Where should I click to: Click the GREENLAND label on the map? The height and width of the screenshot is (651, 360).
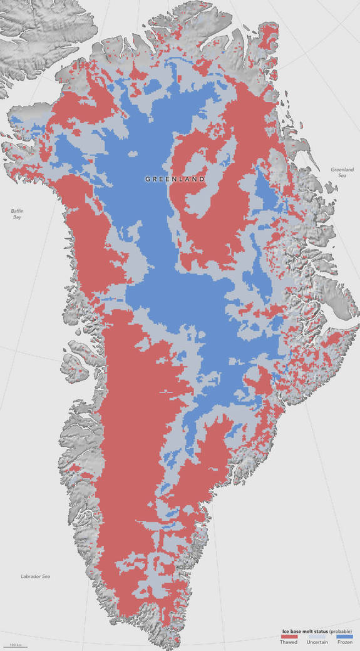(x=175, y=179)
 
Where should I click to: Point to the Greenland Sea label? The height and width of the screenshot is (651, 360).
(x=342, y=173)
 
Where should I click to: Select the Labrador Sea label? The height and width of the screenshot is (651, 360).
(x=34, y=576)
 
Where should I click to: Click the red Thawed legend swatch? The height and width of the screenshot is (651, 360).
(x=289, y=635)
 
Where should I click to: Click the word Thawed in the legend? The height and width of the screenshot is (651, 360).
(x=289, y=642)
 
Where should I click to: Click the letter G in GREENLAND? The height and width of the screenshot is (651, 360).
(x=148, y=179)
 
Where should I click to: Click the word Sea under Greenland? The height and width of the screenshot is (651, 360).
(x=342, y=176)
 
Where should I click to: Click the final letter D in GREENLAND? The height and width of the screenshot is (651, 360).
(x=203, y=179)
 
